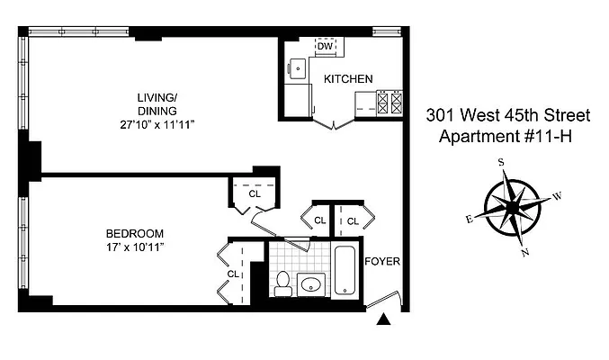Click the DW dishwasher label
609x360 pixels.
click(x=325, y=47)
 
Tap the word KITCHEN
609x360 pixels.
click(x=348, y=79)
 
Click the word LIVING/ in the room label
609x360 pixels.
click(x=157, y=98)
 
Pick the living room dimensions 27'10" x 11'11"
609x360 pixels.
click(x=157, y=124)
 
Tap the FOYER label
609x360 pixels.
click(x=381, y=262)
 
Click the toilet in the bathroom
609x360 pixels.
click(x=282, y=283)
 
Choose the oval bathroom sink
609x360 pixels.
click(x=311, y=285)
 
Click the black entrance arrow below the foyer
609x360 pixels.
click(x=384, y=319)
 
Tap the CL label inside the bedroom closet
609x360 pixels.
click(x=233, y=274)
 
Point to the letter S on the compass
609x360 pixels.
click(x=500, y=162)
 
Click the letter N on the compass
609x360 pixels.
click(x=524, y=253)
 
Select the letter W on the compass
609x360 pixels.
click(x=557, y=195)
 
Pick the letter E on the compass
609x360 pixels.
click(x=469, y=219)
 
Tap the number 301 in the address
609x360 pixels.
click(x=443, y=116)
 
